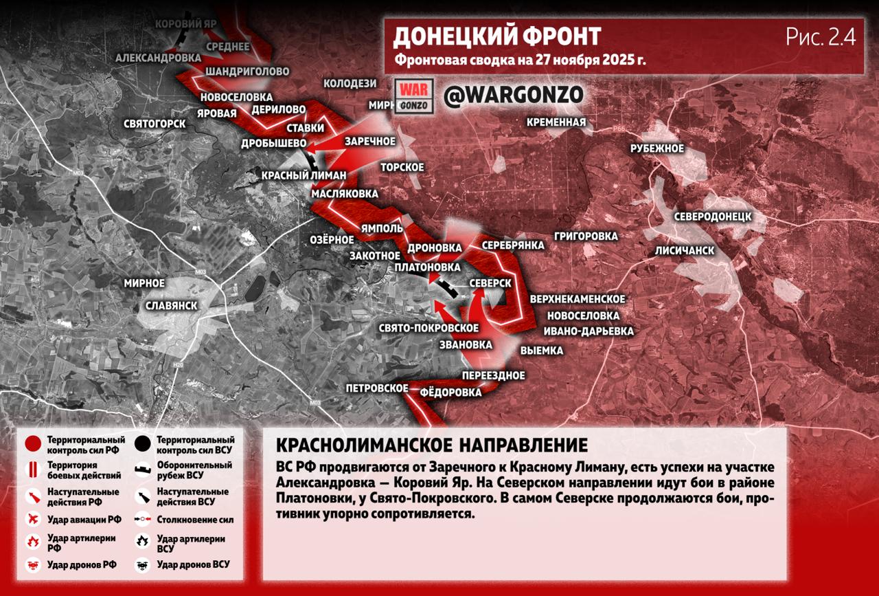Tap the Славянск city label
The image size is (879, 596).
tap(171, 306)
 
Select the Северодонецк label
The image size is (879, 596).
tap(712, 217)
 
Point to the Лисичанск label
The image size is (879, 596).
tap(685, 250)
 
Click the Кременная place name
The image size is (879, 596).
tap(556, 122)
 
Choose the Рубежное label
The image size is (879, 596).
tap(657, 148)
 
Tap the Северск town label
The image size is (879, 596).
tap(490, 283)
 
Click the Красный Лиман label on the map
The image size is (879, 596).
tap(304, 175)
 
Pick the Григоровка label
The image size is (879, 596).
tap(586, 236)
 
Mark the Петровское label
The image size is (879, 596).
tap(377, 388)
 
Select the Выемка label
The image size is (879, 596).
tap(542, 351)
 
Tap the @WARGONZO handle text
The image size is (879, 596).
tap(513, 96)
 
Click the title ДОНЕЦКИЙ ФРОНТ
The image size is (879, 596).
tap(496, 36)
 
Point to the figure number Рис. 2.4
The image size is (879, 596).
tap(821, 37)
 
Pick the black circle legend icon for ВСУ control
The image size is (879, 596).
tap(143, 444)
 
